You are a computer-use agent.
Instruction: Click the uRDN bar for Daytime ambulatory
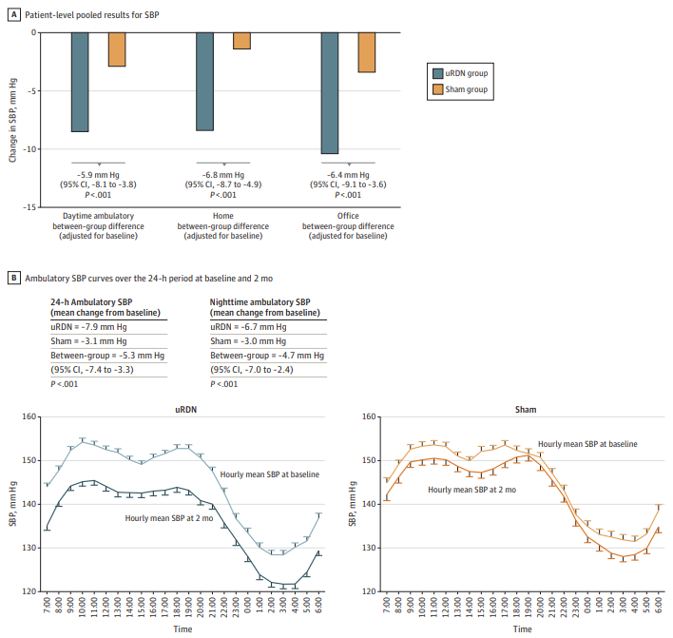click(80, 82)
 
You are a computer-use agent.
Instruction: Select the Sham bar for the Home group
click(241, 40)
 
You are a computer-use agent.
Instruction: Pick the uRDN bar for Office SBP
click(330, 92)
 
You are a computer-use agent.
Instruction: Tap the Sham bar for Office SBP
click(366, 52)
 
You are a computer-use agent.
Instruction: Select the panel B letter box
click(12, 278)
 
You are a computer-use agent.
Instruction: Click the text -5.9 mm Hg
click(99, 175)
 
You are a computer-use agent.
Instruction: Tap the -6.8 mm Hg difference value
click(223, 175)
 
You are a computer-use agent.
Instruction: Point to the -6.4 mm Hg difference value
click(348, 175)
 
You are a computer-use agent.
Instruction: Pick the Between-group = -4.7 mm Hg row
click(263, 356)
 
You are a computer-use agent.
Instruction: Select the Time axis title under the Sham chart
click(523, 628)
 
